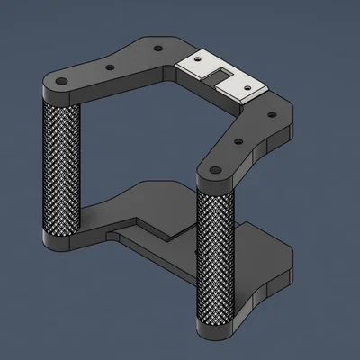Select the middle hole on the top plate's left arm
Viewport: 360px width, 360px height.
(x=110, y=67)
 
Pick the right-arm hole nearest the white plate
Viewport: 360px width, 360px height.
(x=267, y=112)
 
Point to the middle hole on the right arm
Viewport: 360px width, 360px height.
(x=238, y=139)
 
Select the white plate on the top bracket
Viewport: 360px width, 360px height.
(x=220, y=74)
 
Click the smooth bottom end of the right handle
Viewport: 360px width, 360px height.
(x=215, y=330)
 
